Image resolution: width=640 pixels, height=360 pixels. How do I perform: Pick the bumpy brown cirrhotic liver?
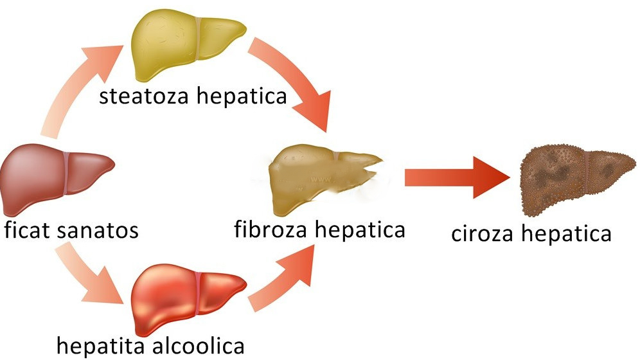pos(572,180)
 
